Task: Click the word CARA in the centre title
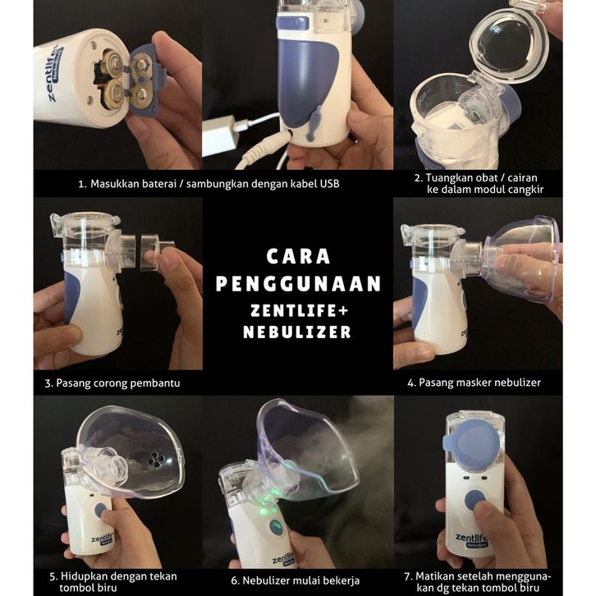click(298, 256)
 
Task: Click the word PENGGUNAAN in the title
click(298, 283)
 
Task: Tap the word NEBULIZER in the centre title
click(297, 332)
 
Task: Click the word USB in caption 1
click(329, 184)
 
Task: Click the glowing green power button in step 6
click(276, 527)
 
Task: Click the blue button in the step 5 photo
click(100, 511)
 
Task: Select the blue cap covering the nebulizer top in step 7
click(471, 447)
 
